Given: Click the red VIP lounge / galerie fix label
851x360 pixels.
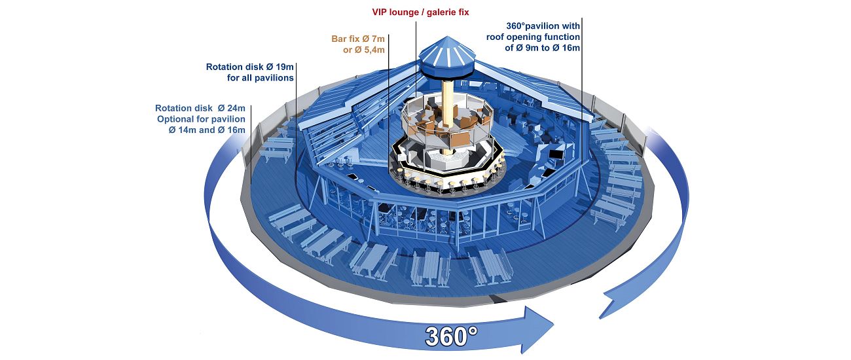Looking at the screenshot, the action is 420,12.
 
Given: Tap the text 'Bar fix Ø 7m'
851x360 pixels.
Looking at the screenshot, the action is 358,39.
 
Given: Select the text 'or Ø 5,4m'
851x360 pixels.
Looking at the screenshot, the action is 364,50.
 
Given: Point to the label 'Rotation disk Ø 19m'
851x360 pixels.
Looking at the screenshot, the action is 249,67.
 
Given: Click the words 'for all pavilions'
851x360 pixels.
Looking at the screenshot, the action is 261,78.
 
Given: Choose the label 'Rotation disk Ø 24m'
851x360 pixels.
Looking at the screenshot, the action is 200,108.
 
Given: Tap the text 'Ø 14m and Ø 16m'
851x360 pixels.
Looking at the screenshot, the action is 207,130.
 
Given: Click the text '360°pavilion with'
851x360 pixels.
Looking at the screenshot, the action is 543,26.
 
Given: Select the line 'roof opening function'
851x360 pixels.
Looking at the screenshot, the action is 533,37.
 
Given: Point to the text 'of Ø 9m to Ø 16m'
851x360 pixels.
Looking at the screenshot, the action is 542,48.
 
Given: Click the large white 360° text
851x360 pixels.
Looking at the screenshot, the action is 451,336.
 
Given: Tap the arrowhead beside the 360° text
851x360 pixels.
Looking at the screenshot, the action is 537,329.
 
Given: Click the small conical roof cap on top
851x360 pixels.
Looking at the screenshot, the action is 447,52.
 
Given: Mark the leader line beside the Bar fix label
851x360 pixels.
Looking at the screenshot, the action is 389,103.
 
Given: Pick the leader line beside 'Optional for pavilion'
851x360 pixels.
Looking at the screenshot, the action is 251,143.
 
